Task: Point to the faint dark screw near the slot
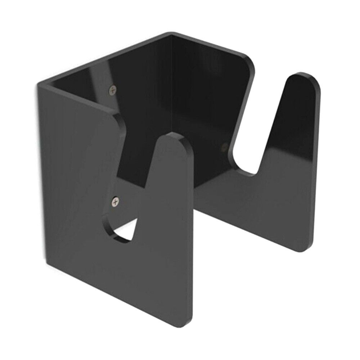[224, 146]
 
